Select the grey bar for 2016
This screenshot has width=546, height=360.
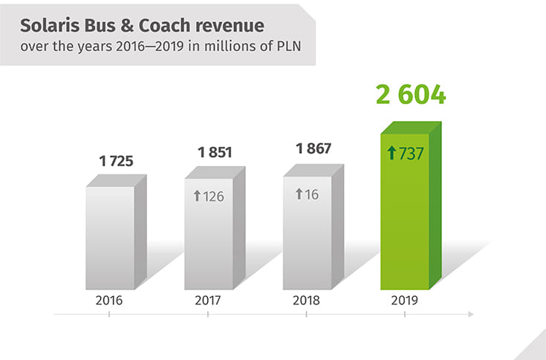coord(110,238)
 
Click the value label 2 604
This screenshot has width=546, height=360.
coord(410,96)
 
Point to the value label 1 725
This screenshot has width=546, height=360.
coord(117,160)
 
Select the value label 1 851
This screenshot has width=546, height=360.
coord(215,153)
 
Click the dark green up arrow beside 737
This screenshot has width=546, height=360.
coord(392,154)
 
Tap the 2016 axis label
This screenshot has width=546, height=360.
coord(109,301)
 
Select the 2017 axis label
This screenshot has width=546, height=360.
coord(208,301)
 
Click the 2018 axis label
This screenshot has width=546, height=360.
coord(306,301)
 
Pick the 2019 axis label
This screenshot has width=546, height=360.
coord(405,301)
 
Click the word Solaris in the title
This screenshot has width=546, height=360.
coord(51,26)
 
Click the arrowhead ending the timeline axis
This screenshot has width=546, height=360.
coord(470,315)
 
